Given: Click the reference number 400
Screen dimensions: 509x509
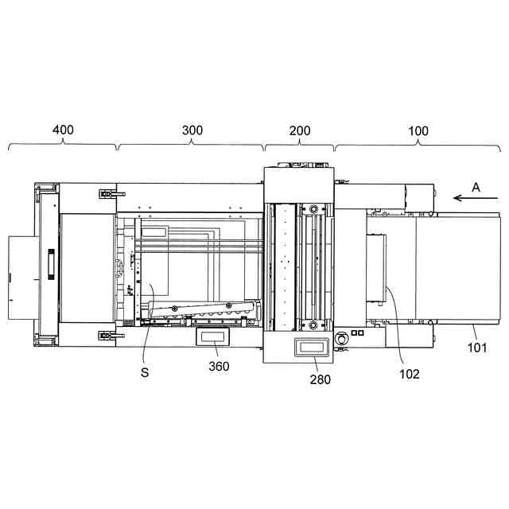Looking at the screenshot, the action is click(x=63, y=130).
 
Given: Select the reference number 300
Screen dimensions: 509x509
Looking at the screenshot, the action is click(x=192, y=130).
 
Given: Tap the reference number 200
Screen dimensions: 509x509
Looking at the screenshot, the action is click(x=300, y=130).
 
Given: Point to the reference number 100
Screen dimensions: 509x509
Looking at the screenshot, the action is click(x=418, y=130).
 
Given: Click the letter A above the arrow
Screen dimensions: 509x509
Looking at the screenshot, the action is click(x=476, y=188).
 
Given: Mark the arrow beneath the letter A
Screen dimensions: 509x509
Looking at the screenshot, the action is click(x=476, y=198).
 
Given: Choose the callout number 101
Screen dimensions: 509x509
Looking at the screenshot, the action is click(x=477, y=348).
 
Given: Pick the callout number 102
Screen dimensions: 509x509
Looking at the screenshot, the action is click(x=410, y=374).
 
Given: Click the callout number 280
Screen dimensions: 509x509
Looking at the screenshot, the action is click(x=320, y=379).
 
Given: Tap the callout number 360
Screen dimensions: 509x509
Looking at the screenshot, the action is click(x=219, y=366).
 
